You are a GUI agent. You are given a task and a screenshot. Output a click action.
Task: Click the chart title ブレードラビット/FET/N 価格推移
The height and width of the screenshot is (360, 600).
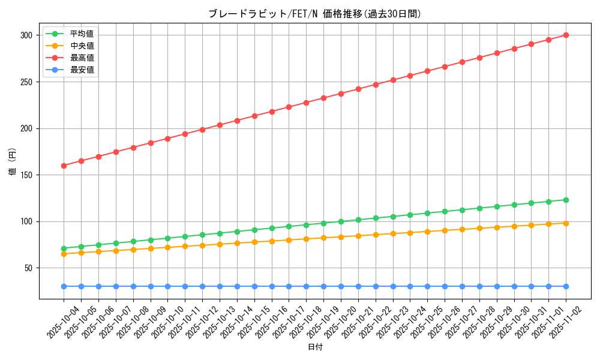315,14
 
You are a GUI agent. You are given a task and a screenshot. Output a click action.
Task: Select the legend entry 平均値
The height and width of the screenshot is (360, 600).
82,34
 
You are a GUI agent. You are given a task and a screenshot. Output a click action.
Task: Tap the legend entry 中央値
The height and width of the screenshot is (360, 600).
82,46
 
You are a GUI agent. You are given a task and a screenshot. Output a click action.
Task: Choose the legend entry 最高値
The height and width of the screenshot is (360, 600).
82,58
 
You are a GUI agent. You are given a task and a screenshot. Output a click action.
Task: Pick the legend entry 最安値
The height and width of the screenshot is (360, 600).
82,70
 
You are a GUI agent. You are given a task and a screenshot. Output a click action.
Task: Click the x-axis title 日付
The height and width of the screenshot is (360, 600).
315,347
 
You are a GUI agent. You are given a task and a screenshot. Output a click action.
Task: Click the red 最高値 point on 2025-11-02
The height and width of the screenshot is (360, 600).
566,35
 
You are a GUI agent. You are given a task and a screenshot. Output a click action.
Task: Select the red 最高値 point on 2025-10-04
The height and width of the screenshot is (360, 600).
64,166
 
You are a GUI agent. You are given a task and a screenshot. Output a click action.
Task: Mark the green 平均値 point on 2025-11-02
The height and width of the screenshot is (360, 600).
566,200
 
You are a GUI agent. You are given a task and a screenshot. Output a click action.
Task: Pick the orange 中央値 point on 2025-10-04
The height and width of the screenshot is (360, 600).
64,254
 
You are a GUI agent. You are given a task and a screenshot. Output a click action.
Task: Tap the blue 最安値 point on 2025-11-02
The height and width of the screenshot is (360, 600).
566,286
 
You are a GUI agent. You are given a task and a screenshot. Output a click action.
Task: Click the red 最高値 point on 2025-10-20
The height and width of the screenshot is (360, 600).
341,94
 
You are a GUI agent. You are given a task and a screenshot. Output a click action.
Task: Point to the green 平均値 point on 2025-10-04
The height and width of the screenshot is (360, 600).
64,248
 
